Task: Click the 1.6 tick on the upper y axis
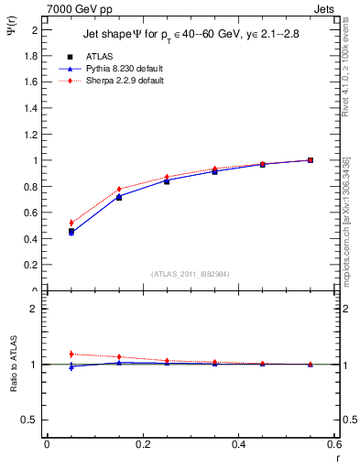tap(30, 82)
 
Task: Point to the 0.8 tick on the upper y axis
tap(30, 187)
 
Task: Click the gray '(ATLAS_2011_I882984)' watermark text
tap(191, 274)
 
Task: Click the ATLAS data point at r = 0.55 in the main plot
tap(311, 160)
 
